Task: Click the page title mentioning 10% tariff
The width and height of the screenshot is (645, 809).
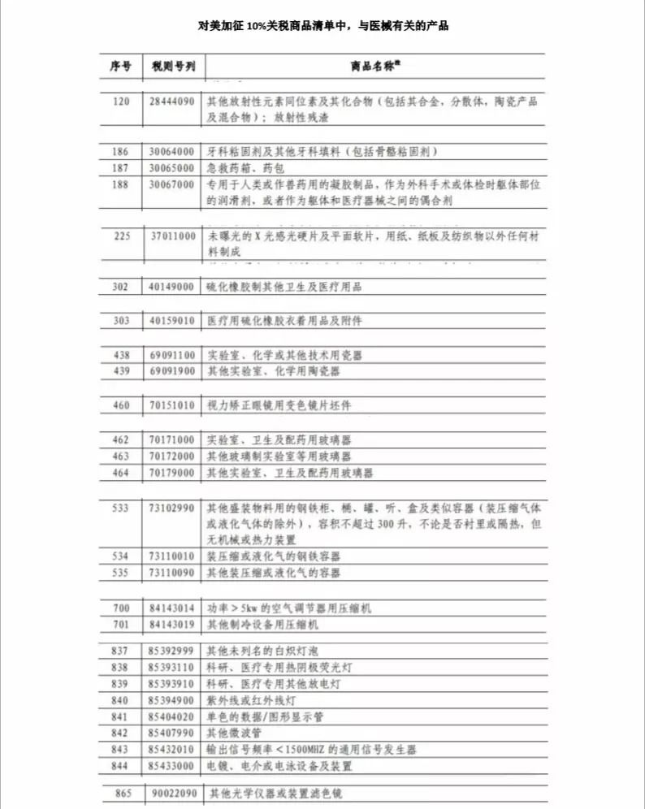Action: pos(323,25)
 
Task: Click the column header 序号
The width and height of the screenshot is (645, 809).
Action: pos(120,66)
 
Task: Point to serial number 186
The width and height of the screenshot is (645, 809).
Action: pos(120,152)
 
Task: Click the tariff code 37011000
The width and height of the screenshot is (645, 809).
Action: pos(172,236)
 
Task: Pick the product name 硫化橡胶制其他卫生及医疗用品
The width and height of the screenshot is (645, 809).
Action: pos(284,287)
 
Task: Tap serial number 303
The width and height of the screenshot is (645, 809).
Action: pos(120,321)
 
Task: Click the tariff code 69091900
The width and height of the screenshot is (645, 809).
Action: pos(172,371)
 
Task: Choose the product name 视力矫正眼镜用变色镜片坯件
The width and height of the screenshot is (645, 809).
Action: pos(279,405)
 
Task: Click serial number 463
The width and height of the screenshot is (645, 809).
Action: pos(120,456)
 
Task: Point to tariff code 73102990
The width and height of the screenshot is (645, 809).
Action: pos(172,508)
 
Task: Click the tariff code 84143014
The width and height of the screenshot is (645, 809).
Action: pos(172,608)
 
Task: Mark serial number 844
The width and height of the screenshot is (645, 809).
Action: pos(120,765)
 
